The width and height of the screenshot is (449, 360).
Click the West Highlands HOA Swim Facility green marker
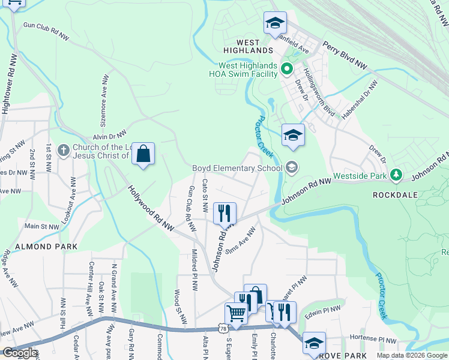click(286, 69)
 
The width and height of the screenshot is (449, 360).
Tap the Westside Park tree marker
click(396, 175)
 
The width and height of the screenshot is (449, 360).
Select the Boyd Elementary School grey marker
click(292, 167)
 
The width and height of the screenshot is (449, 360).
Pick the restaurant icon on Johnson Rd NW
click(224, 213)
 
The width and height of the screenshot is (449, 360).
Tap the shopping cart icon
click(236, 314)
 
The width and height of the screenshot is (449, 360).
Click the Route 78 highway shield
click(223, 328)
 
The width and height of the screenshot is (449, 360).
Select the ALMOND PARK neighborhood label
click(38, 247)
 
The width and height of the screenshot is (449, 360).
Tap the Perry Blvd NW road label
click(345, 53)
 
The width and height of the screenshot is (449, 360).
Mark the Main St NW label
click(41, 227)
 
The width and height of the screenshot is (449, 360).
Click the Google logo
click(19, 353)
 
